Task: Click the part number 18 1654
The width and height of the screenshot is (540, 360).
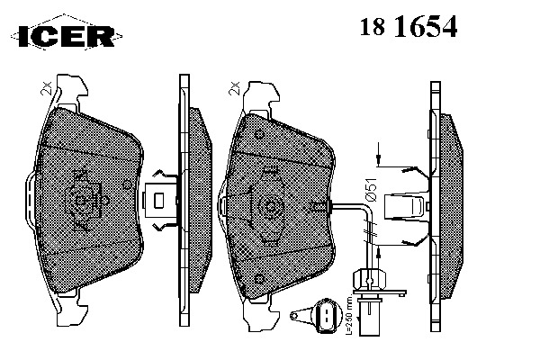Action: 409,26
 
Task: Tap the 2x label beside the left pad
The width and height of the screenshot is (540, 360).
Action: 46,88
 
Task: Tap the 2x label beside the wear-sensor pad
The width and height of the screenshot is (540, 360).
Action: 233,88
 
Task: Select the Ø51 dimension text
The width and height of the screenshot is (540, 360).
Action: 372,190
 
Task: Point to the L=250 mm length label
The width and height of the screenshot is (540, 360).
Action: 349,315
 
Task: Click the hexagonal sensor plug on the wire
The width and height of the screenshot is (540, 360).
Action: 369,280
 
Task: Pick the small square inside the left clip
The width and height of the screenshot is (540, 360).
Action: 158,201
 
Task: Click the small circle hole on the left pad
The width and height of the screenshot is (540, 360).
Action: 127,185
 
